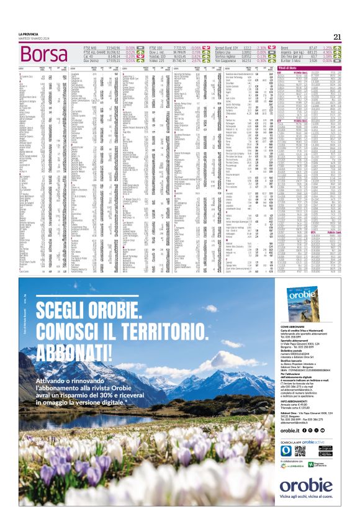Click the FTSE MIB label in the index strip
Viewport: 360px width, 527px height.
90,47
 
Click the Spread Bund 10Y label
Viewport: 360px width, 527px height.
228,47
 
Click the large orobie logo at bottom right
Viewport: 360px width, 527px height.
305,486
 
